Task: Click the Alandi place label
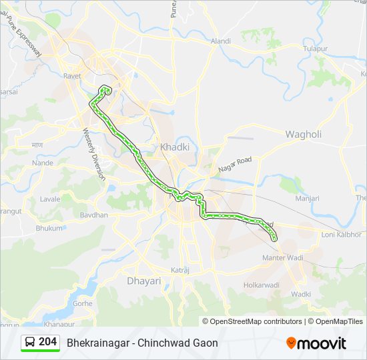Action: (221, 41)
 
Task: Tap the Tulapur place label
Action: (316, 49)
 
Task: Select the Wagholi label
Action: (304, 134)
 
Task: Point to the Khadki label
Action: (175, 147)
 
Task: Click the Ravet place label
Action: (72, 76)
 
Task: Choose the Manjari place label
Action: (307, 199)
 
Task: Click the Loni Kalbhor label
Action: (342, 235)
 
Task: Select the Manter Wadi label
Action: (283, 257)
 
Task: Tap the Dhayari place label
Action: (144, 281)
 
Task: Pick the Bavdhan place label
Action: (94, 215)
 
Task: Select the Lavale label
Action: (50, 199)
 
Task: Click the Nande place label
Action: (42, 163)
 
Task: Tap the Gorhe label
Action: (82, 303)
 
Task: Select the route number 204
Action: (48, 342)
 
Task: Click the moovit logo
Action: (316, 343)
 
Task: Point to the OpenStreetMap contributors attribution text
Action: (252, 321)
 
